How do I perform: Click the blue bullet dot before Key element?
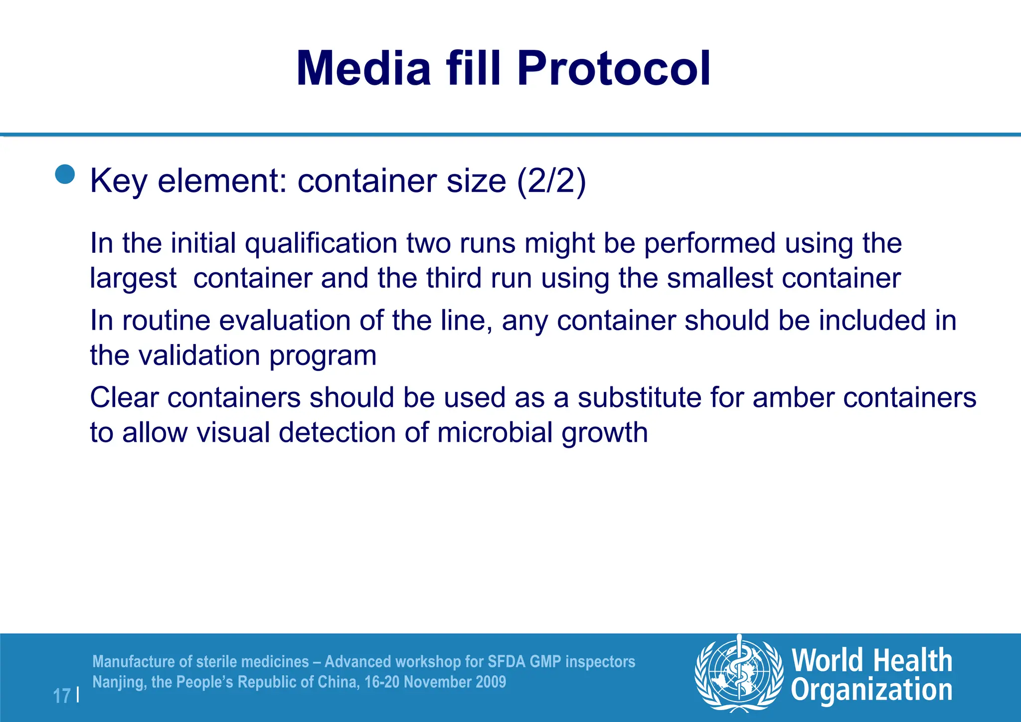click(65, 175)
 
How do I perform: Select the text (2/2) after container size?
click(551, 180)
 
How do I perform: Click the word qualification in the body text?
click(321, 243)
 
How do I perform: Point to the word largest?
click(133, 278)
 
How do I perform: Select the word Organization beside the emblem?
click(871, 690)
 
